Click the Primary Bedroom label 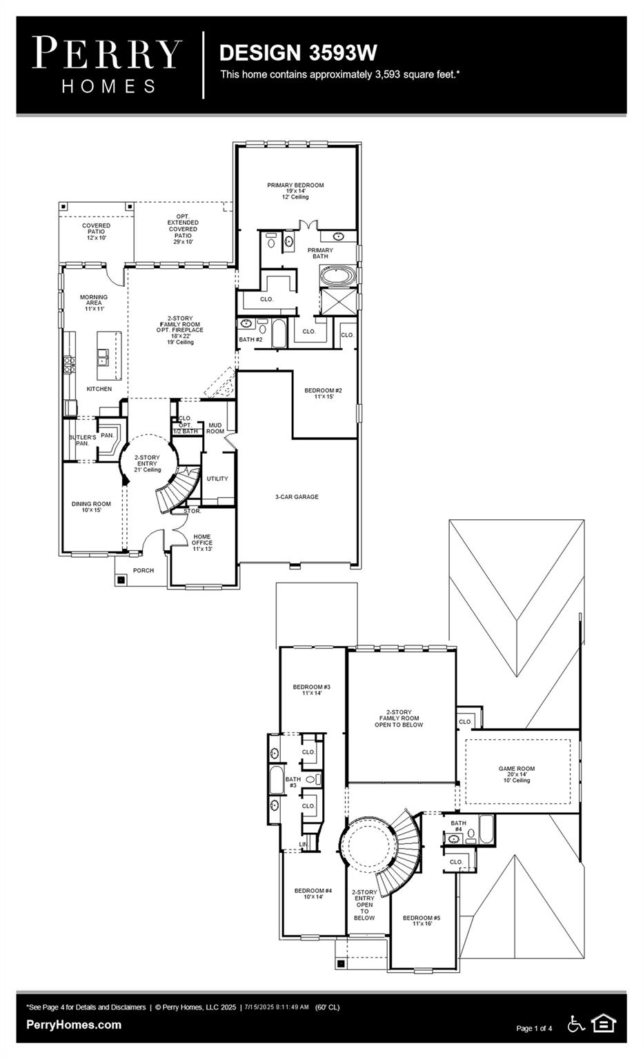[x=295, y=185]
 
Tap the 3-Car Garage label [x=297, y=496]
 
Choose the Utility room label [x=217, y=478]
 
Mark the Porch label [x=144, y=570]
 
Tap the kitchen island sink [x=102, y=356]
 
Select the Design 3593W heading [x=298, y=52]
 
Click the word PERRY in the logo [x=108, y=53]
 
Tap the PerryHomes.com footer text [x=74, y=1025]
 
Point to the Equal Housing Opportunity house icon [x=604, y=1024]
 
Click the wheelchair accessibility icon [x=575, y=1025]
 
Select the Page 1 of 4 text [x=534, y=1029]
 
